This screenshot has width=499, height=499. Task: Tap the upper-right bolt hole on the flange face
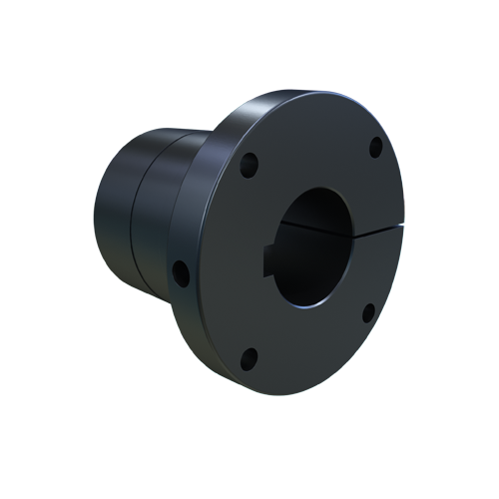click(x=375, y=149)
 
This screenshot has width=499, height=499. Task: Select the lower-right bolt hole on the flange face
click(x=367, y=313)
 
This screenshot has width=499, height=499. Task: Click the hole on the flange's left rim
click(x=180, y=268)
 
